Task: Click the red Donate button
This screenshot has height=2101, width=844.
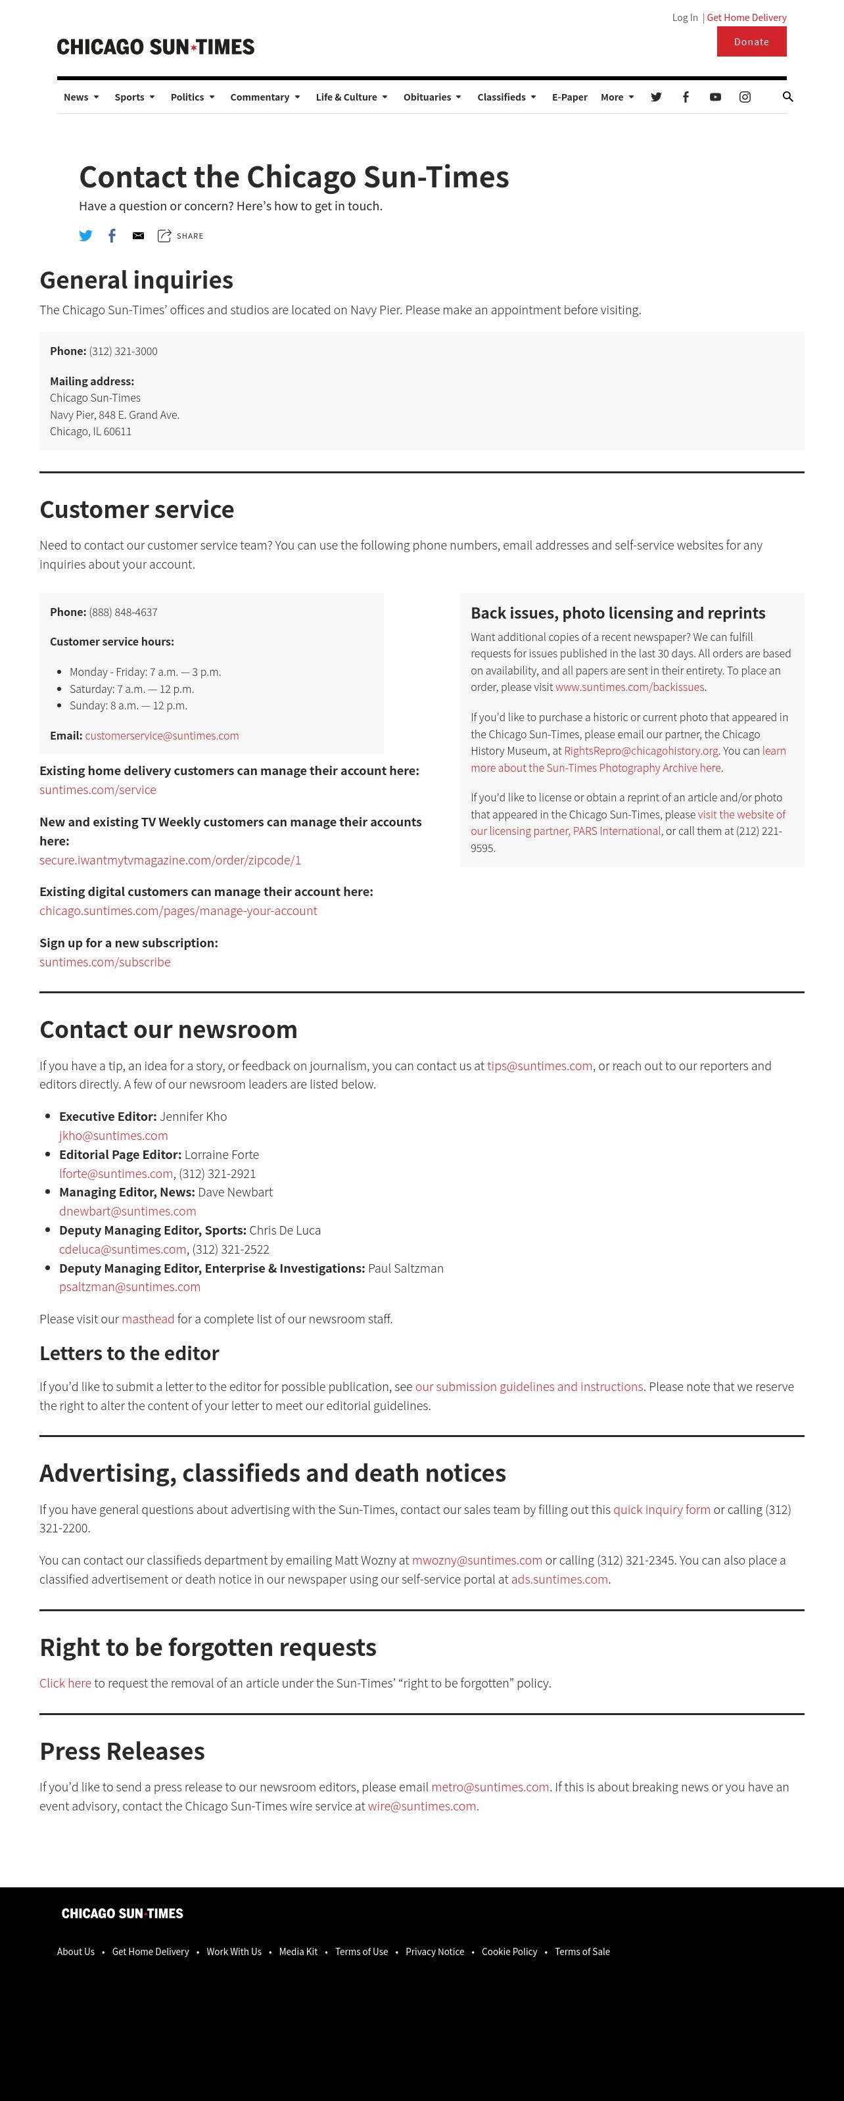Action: pyautogui.click(x=751, y=41)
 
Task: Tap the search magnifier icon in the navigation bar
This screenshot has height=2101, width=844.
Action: pyautogui.click(x=787, y=96)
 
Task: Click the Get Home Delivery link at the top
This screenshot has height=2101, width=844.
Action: pyautogui.click(x=746, y=17)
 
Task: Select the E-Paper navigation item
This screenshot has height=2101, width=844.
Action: pyautogui.click(x=569, y=97)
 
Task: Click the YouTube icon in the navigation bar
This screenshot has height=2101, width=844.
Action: pyautogui.click(x=715, y=97)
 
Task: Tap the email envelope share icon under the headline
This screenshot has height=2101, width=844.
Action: pyautogui.click(x=139, y=236)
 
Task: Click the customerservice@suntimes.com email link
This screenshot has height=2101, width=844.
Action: pyautogui.click(x=162, y=736)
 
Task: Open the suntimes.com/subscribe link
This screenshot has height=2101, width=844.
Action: pyautogui.click(x=105, y=962)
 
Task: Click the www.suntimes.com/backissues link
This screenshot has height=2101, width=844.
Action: pyautogui.click(x=630, y=687)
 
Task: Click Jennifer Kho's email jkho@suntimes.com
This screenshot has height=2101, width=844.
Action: pyautogui.click(x=113, y=1135)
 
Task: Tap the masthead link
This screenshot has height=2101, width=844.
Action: pyautogui.click(x=148, y=1319)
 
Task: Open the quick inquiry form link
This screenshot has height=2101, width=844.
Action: pyautogui.click(x=661, y=1510)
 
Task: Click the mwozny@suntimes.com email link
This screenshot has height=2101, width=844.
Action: pyautogui.click(x=477, y=1560)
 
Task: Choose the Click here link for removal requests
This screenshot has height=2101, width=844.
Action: pyautogui.click(x=65, y=1683)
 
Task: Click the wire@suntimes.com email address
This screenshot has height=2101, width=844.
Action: pyautogui.click(x=421, y=1806)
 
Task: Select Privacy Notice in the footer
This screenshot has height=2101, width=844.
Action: pyautogui.click(x=434, y=1952)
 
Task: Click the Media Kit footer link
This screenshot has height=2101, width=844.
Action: pyautogui.click(x=298, y=1952)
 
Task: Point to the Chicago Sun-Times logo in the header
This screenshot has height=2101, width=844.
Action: pyautogui.click(x=156, y=47)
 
